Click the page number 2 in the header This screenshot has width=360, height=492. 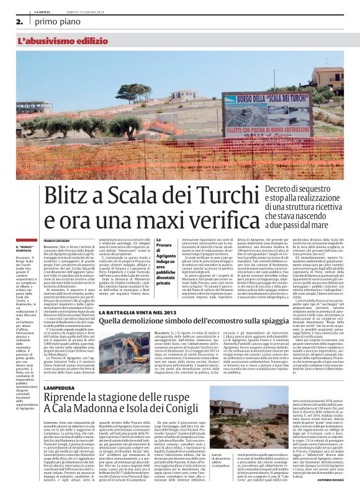click(20, 21)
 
